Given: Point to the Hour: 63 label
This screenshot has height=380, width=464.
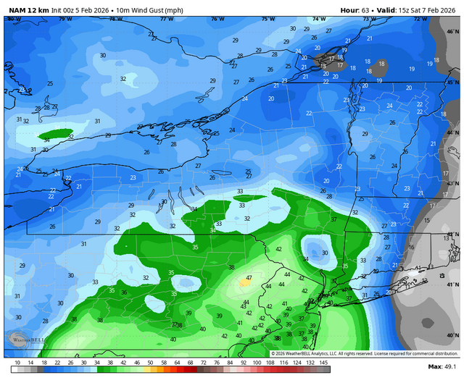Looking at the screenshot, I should (x=357, y=9).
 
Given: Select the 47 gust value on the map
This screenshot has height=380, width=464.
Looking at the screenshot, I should (x=249, y=277).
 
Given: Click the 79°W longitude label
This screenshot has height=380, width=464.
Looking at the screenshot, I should (x=66, y=19).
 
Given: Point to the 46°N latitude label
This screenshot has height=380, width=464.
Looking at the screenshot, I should (x=454, y=32).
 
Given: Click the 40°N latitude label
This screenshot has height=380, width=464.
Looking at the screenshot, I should (x=454, y=336).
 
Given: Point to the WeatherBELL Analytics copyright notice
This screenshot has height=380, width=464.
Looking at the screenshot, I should (x=341, y=353).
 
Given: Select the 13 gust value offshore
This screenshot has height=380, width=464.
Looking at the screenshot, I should (x=445, y=237).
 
